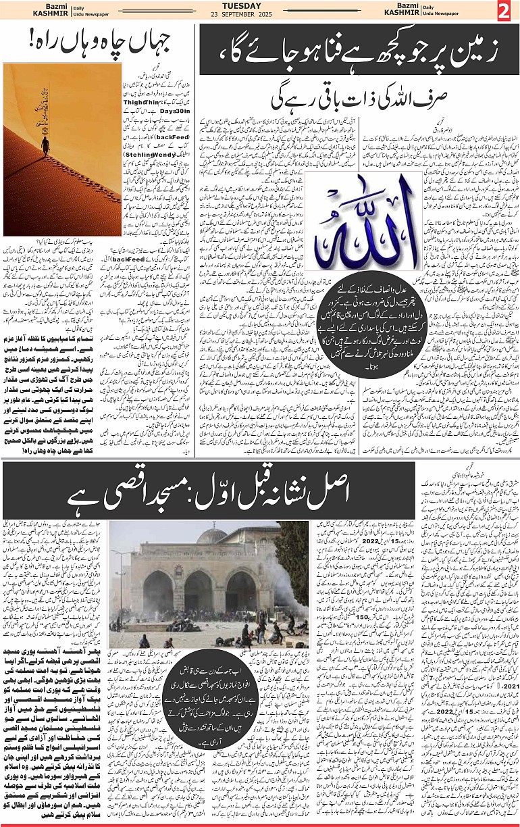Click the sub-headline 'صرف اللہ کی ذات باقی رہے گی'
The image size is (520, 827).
(x=351, y=99)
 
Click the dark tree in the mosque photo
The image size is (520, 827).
(x=292, y=564)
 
